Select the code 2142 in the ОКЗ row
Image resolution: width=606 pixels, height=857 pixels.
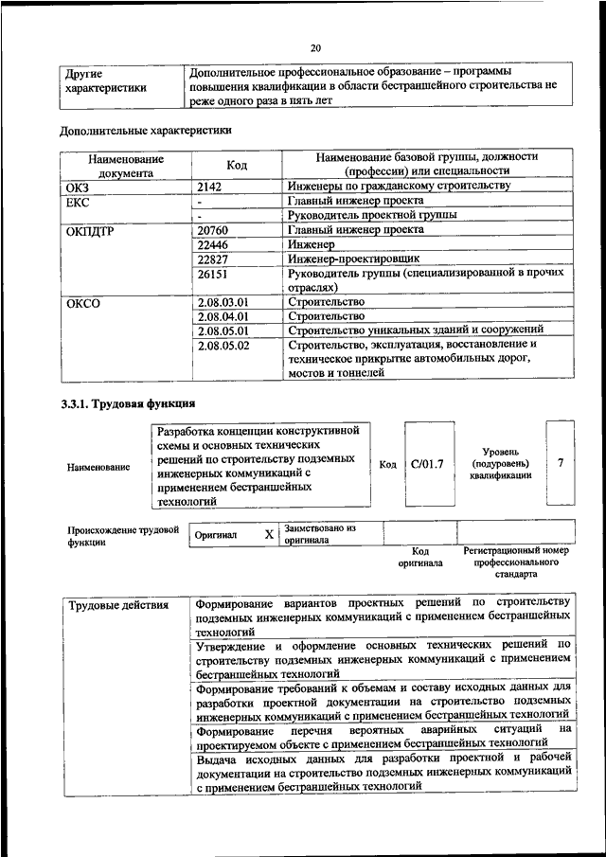click(210, 187)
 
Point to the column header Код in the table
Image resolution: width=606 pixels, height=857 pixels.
click(237, 166)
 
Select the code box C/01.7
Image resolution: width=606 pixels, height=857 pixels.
click(428, 465)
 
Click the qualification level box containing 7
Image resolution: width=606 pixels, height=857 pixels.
click(561, 463)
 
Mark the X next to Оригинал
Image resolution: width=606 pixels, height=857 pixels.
click(269, 535)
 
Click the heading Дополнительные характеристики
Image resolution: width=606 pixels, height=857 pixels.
click(145, 130)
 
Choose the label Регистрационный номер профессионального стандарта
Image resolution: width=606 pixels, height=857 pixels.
click(515, 562)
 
